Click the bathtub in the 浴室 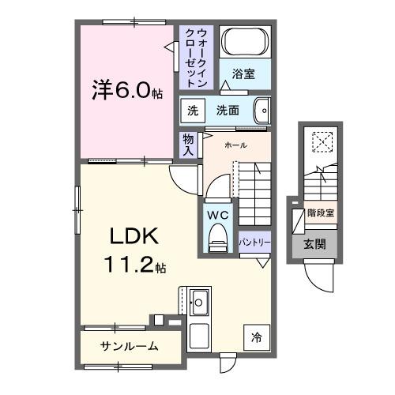tap(244, 42)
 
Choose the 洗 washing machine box tap(192, 111)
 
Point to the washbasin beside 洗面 tap(264, 110)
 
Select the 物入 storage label tap(188, 145)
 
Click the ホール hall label tap(235, 145)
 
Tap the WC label tap(217, 214)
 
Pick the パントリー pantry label tap(253, 243)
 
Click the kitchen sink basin tap(199, 302)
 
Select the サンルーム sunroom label tap(129, 346)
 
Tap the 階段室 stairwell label tap(321, 213)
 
